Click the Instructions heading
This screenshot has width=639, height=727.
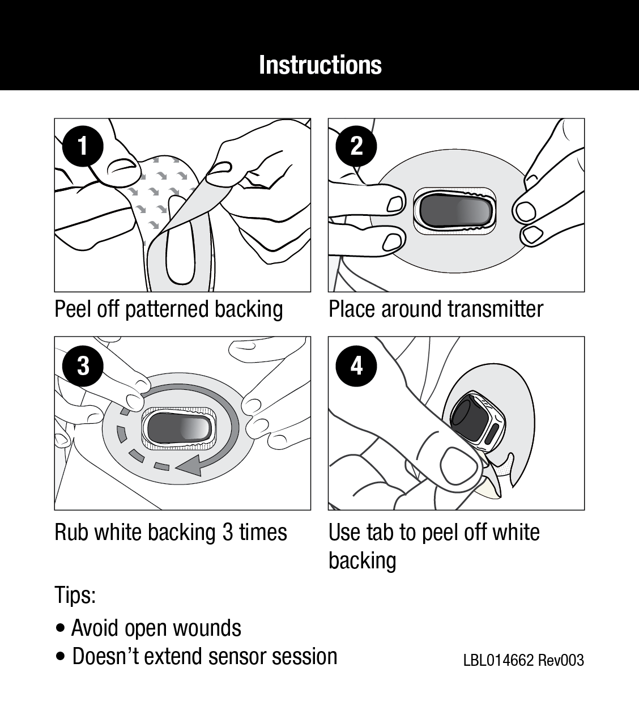320,65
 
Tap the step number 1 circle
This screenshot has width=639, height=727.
83,146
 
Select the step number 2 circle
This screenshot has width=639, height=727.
356,146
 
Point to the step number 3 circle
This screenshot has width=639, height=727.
83,365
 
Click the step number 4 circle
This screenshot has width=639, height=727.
356,365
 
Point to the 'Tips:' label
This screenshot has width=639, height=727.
75,596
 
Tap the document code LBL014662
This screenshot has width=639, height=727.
499,661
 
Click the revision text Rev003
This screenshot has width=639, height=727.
561,661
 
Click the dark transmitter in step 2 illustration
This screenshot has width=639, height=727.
455,210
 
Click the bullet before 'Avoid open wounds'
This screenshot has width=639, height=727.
61,629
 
